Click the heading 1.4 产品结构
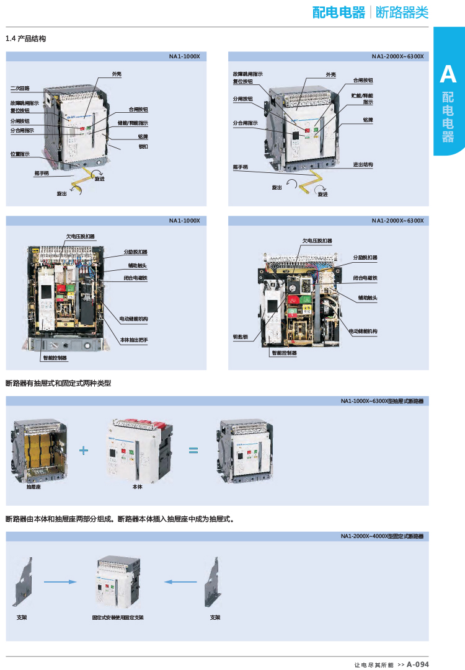click(25, 39)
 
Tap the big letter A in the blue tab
click(448, 75)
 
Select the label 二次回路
click(20, 89)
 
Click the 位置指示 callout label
click(20, 154)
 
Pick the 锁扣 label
click(143, 146)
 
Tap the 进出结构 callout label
click(363, 164)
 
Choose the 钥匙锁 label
click(240, 337)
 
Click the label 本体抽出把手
click(133, 341)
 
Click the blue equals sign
click(193, 451)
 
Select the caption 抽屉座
click(33, 487)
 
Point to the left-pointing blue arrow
click(180, 582)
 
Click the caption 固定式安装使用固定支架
click(117, 617)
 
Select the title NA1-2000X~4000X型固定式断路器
click(382, 536)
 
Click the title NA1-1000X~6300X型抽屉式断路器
click(382, 401)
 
